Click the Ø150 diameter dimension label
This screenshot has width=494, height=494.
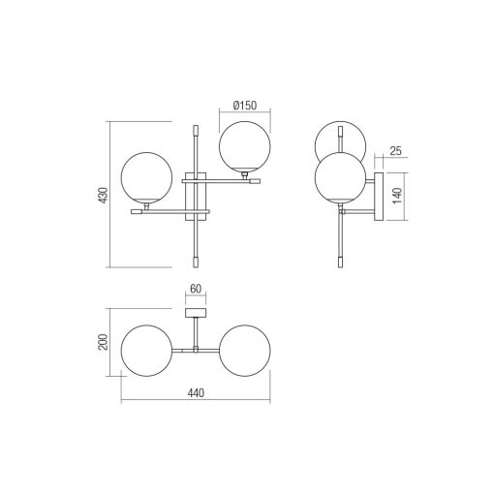pos(244,106)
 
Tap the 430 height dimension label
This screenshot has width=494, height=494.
pos(104,195)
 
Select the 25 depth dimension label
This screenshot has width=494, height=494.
pos(395,151)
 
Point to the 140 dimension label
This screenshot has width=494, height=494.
pos(397,196)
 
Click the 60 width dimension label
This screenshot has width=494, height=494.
pos(196,289)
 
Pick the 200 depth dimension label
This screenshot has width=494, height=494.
pos(104,342)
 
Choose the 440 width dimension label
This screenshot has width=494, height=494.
pos(196,393)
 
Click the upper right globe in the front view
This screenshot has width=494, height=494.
pos(245,146)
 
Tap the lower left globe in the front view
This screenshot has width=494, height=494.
pos(147,178)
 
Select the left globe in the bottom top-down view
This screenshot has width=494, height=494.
pos(147,351)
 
